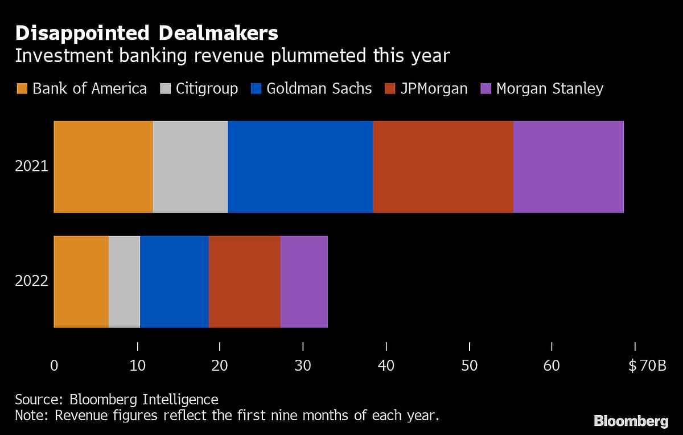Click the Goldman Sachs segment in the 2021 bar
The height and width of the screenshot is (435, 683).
click(x=300, y=167)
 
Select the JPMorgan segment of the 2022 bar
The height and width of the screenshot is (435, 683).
click(x=244, y=282)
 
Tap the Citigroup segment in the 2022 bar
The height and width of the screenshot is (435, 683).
click(x=124, y=282)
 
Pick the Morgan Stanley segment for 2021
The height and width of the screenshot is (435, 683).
click(x=568, y=167)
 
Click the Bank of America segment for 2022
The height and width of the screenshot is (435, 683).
click(x=81, y=282)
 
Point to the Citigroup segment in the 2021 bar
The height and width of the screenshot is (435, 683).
click(x=190, y=167)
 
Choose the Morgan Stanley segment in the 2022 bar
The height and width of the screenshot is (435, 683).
click(x=303, y=282)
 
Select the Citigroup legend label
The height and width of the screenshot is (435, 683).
click(x=207, y=89)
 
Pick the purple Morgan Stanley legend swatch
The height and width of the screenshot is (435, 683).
click(x=485, y=89)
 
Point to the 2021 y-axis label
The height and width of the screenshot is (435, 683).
click(x=31, y=167)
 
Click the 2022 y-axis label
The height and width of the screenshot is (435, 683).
click(x=31, y=282)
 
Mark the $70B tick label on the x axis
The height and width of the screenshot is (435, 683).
click(x=647, y=366)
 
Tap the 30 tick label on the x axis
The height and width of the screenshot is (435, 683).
click(x=303, y=366)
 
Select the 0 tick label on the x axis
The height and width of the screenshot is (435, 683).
click(x=54, y=366)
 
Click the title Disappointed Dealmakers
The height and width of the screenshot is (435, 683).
click(x=146, y=33)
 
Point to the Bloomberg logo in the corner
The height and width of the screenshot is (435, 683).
click(x=631, y=421)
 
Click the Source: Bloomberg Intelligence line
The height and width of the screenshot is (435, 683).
click(x=116, y=399)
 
